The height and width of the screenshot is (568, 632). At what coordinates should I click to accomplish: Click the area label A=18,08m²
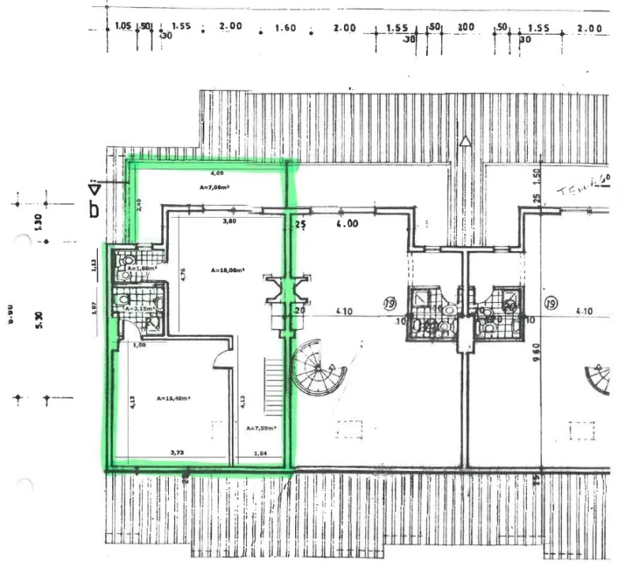click(x=228, y=270)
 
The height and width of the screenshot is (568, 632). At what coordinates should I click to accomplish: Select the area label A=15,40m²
click(x=173, y=398)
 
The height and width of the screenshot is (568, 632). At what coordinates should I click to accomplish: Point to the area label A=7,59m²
click(x=260, y=428)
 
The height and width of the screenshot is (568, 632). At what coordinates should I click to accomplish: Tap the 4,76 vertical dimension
click(x=182, y=276)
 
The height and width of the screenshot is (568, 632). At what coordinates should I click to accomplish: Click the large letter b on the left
click(x=94, y=210)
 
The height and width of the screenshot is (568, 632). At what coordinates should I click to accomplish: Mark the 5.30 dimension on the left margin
click(x=39, y=319)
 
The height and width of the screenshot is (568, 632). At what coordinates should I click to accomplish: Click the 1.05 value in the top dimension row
click(x=122, y=26)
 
